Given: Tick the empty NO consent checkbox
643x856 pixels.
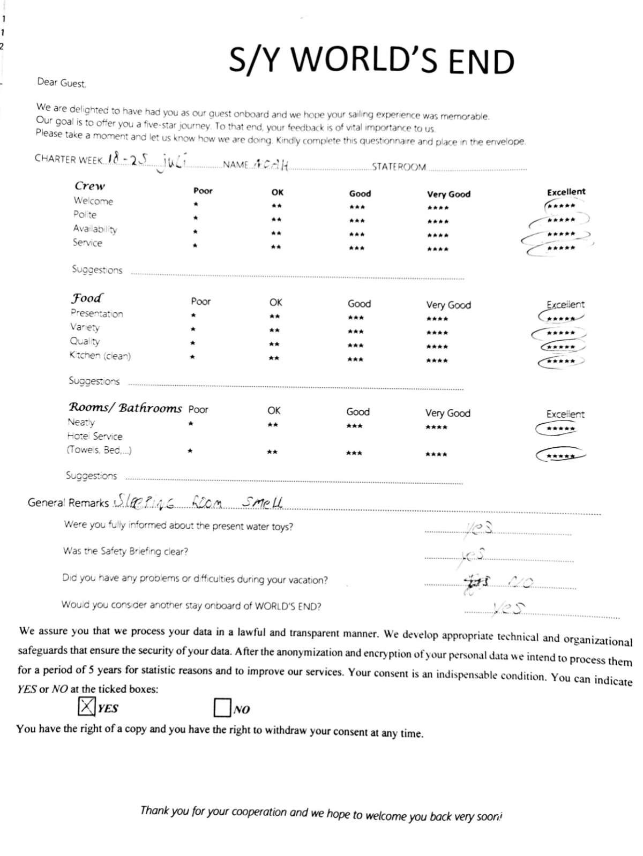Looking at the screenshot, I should pos(222,708).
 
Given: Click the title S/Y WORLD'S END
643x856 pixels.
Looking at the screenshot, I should pos(371,60).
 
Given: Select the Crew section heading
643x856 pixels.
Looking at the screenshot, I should pos(89,186).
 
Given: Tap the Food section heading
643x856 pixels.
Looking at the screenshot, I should pos(87,298).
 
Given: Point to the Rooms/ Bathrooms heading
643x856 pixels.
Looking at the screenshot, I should pos(125,408).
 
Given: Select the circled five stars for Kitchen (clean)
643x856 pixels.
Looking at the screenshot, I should pos(562,362).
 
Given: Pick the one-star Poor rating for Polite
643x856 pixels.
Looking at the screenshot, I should pos(196,219).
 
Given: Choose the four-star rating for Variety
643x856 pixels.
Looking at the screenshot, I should pos(437,333).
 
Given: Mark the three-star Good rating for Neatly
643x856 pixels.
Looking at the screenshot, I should pos(354,426).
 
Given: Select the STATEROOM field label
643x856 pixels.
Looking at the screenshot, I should pos(399,167).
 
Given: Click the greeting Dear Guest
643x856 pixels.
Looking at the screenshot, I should pos(61,82).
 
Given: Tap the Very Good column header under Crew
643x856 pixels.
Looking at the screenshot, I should pos(448,194).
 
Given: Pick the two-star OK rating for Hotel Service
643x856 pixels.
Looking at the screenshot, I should pos(272,453).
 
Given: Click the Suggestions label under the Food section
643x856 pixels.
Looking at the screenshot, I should pos(94,381).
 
